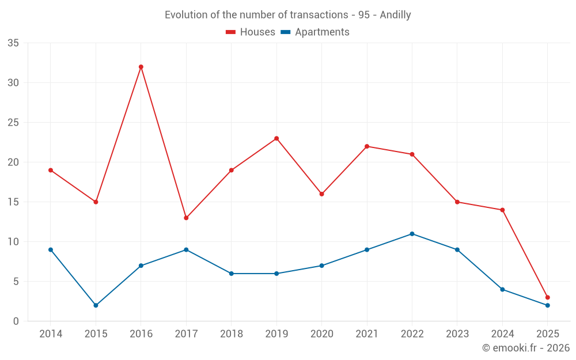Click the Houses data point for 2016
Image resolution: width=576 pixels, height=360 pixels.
tap(141, 67)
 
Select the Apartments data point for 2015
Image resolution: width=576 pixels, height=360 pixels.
tap(96, 305)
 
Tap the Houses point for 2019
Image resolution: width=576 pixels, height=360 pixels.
tap(276, 138)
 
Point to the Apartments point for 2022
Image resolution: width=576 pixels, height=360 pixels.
tap(412, 234)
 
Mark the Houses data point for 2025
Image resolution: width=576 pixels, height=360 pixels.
tap(547, 298)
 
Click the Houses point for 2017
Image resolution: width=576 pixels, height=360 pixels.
tap(186, 218)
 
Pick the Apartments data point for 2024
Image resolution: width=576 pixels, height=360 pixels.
tap(502, 289)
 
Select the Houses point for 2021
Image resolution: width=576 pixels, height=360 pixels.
tap(367, 146)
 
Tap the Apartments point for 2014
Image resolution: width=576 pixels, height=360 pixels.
tap(51, 249)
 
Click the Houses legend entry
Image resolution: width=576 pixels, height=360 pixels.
tap(251, 32)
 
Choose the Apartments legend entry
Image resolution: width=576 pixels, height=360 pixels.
tap(315, 32)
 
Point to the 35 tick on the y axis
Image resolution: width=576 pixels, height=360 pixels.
tap(13, 43)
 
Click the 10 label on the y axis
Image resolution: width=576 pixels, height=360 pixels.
tap(13, 242)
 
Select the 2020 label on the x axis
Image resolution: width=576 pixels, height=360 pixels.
tap(321, 334)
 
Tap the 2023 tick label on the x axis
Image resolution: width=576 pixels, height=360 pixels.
tap(457, 334)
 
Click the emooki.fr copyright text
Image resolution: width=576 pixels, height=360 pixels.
tap(526, 348)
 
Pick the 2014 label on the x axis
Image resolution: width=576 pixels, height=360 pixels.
tap(51, 334)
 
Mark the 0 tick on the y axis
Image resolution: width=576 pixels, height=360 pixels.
tap(16, 321)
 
